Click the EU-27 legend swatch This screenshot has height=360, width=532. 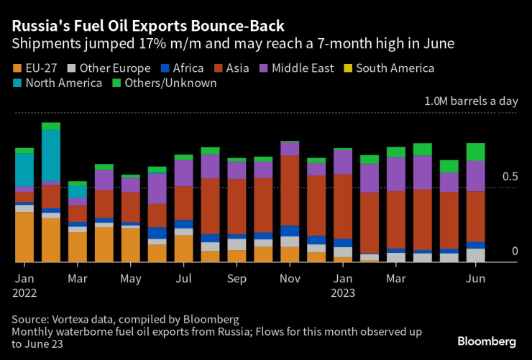click(x=19, y=69)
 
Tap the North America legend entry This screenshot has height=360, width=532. click(x=63, y=83)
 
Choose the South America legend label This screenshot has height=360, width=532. click(x=395, y=69)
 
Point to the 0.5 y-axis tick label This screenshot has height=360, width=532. click(x=509, y=177)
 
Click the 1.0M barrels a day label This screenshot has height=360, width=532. click(x=470, y=101)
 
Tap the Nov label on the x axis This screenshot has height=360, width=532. click(x=290, y=277)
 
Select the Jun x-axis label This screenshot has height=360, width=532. click(x=474, y=277)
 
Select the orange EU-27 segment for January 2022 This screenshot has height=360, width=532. click(x=24, y=237)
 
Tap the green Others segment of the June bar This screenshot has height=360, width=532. click(x=474, y=152)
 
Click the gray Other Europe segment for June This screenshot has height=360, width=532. click(x=474, y=255)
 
